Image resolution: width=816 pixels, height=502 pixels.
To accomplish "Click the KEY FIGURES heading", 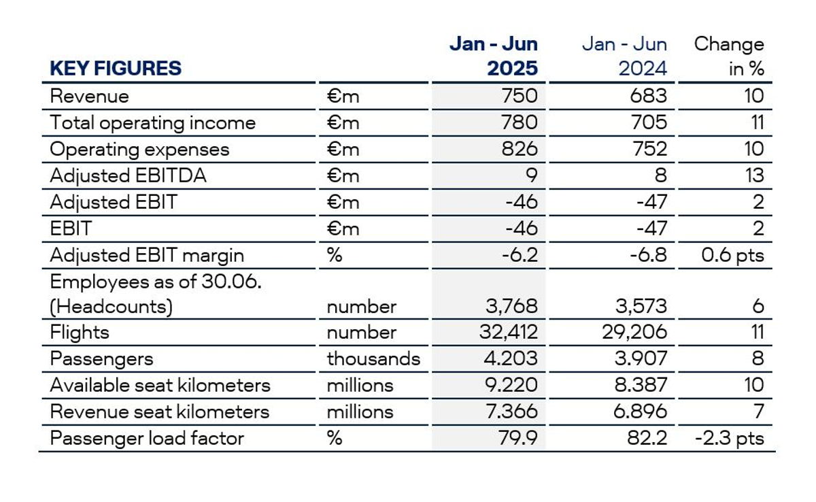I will click(x=116, y=69).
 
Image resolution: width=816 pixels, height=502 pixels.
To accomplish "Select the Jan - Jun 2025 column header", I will click(x=494, y=56).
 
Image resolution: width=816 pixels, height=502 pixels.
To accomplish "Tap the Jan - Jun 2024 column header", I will click(x=624, y=56).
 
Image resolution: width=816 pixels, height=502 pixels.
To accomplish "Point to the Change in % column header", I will click(x=729, y=56).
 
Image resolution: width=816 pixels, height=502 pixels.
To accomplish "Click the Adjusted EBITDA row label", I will click(x=128, y=175).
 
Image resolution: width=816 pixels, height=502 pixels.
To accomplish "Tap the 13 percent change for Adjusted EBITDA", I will click(x=753, y=175).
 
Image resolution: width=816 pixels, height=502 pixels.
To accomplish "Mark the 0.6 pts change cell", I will click(x=732, y=255).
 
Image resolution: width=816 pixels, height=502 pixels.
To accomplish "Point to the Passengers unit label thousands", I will click(x=373, y=359).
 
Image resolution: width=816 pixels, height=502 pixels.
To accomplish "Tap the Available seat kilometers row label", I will click(x=160, y=385).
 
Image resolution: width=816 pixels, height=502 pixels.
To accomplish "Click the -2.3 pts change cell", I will click(x=729, y=438).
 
